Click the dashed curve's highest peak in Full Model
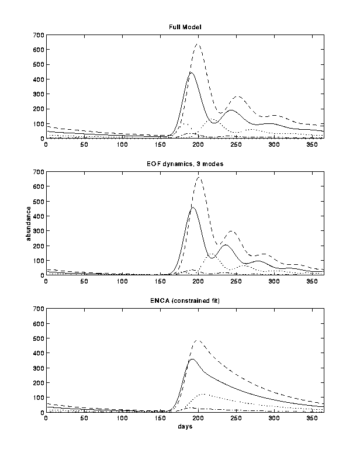coord(198,44)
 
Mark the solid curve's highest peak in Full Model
coord(191,72)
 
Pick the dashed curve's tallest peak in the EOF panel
coord(199,177)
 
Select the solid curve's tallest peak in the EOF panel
coord(193,207)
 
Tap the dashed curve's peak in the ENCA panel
coord(198,340)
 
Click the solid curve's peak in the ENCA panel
coord(192,359)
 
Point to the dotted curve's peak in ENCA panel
coord(202,395)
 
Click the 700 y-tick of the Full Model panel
coord(38,35)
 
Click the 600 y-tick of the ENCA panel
coord(38,323)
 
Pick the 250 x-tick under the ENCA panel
coord(236,418)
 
